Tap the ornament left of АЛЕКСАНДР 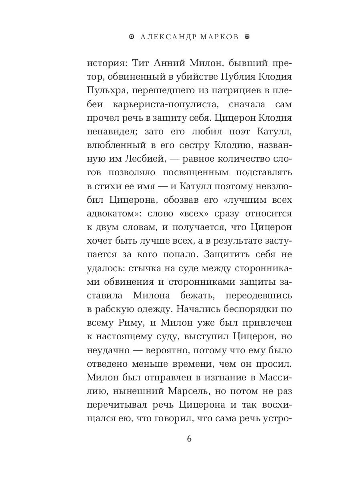pos(132,37)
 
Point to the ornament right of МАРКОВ pos(246,37)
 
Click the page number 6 pos(189,439)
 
